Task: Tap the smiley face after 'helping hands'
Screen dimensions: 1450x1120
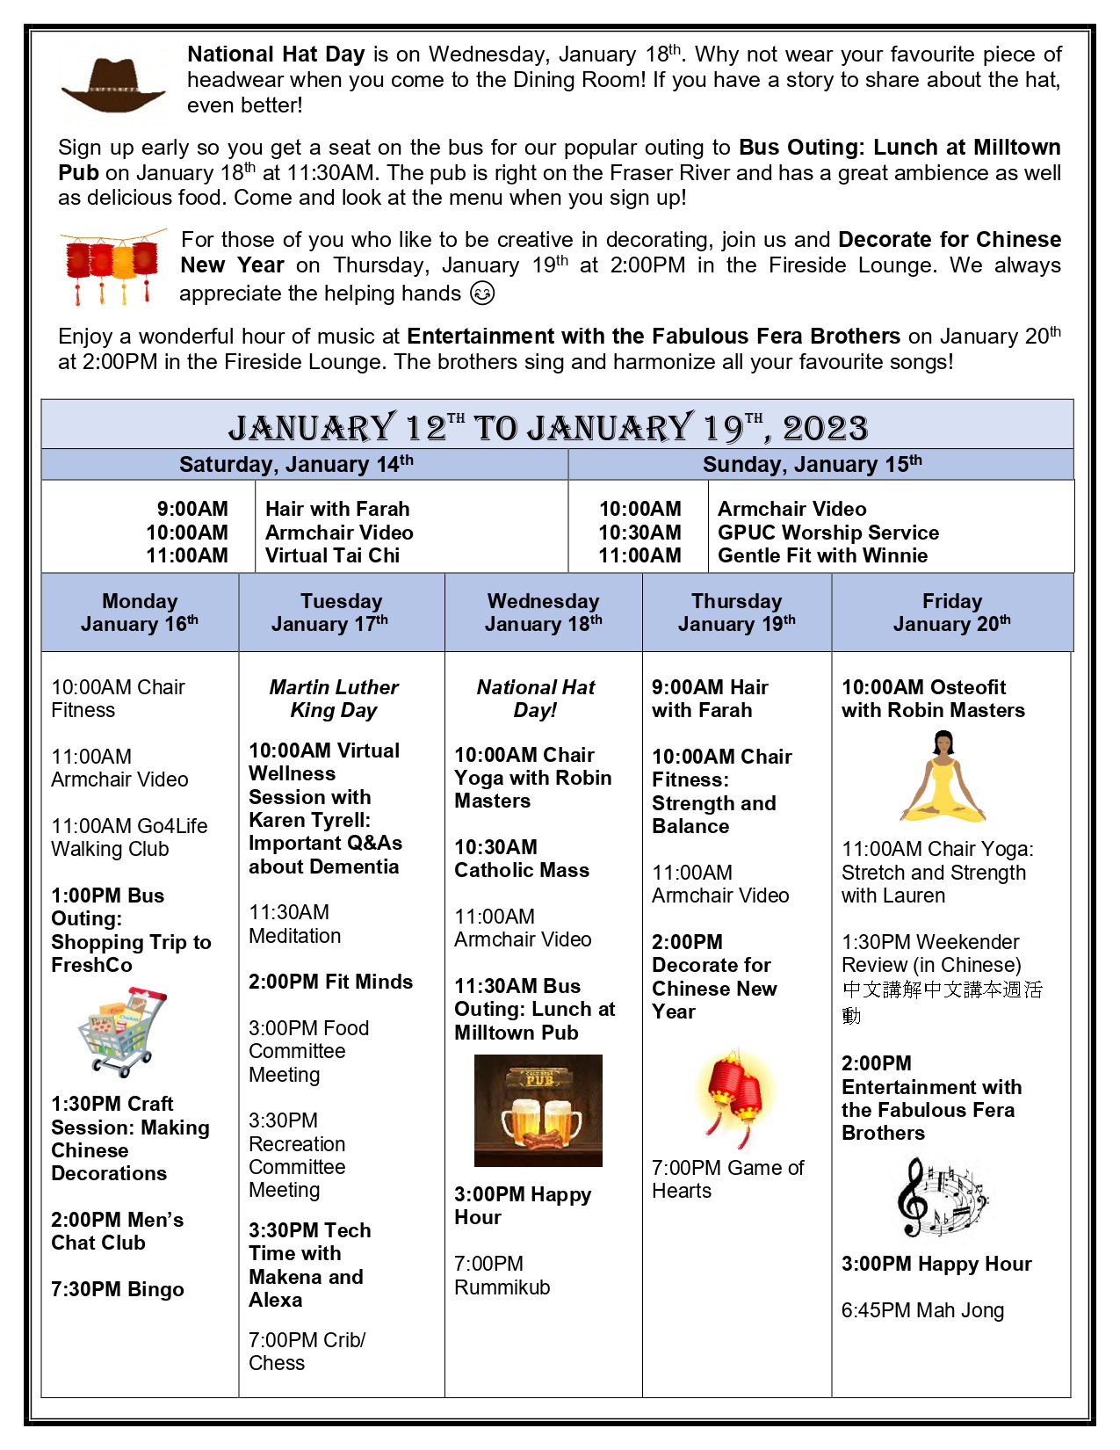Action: pyautogui.click(x=482, y=294)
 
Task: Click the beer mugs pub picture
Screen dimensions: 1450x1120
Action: pyautogui.click(x=538, y=1110)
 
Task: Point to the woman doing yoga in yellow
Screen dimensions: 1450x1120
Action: pyautogui.click(x=942, y=778)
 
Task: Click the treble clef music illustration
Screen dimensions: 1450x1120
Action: pyautogui.click(x=941, y=1197)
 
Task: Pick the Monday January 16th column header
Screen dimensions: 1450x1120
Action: pyautogui.click(x=140, y=613)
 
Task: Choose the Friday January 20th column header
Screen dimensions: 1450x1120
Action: pyautogui.click(x=951, y=613)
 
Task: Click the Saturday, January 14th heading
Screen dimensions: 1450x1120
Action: pyautogui.click(x=296, y=464)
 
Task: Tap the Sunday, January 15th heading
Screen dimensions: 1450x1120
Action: pyautogui.click(x=812, y=464)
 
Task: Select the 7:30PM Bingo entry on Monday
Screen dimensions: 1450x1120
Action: pyautogui.click(x=118, y=1289)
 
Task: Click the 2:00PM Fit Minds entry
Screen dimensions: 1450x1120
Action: pyautogui.click(x=330, y=982)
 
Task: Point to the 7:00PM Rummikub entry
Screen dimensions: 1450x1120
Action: pyautogui.click(x=502, y=1275)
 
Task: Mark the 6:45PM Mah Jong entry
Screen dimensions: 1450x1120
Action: pyautogui.click(x=922, y=1310)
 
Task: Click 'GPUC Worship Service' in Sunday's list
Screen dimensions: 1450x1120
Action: pyautogui.click(x=827, y=533)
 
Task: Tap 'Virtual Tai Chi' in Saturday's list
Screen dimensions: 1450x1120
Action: pyautogui.click(x=332, y=555)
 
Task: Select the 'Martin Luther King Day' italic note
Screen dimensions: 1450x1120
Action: pyautogui.click(x=334, y=699)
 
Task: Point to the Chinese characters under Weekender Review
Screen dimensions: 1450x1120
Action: pyautogui.click(x=941, y=1002)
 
